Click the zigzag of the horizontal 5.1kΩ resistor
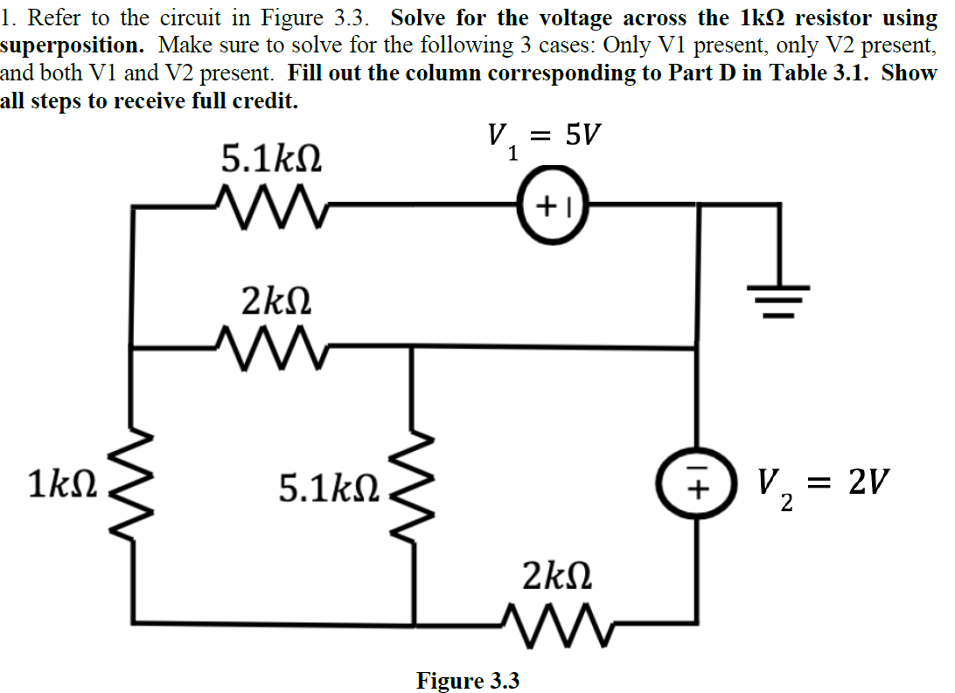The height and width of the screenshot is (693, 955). tap(268, 204)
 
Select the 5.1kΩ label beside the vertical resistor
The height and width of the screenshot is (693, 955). tap(329, 489)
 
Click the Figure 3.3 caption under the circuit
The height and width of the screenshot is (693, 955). tap(467, 680)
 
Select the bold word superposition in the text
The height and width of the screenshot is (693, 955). tap(73, 45)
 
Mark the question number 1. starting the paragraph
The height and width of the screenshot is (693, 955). tap(10, 17)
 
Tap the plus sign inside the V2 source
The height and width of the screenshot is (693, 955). tap(697, 490)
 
